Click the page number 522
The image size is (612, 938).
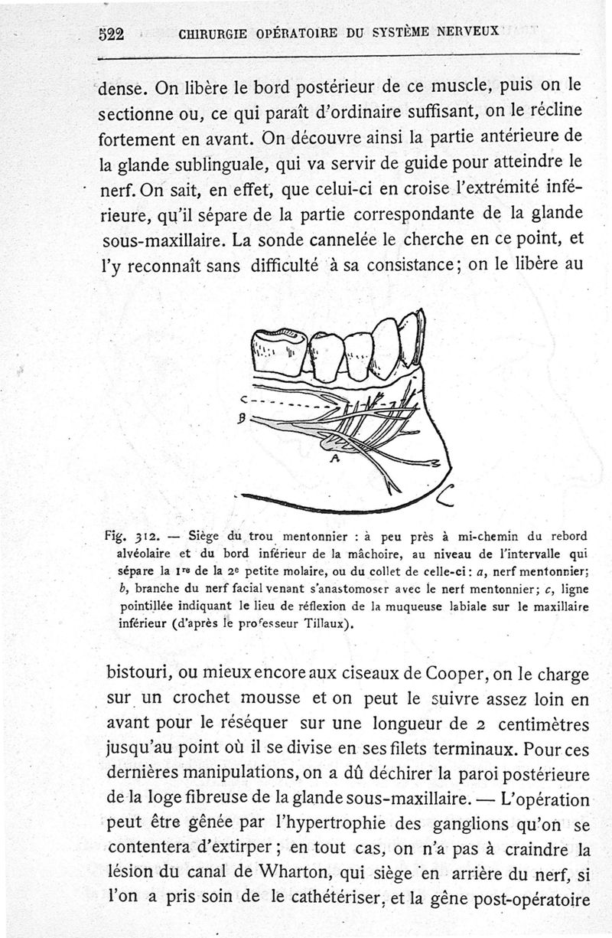[x=112, y=34]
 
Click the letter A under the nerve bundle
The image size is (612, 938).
[x=334, y=459]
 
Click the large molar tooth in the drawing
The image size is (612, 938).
[x=278, y=352]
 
